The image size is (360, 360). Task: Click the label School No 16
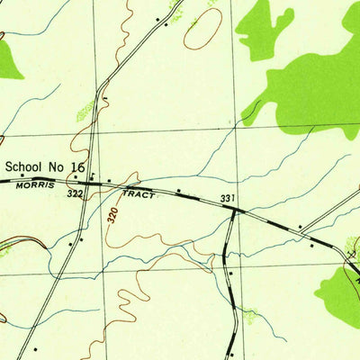(46, 166)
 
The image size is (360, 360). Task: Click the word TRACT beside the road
(139, 193)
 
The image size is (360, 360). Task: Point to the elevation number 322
(74, 193)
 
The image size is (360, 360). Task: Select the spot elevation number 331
(227, 199)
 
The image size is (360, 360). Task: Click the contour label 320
(112, 216)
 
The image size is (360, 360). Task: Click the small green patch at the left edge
(8, 58)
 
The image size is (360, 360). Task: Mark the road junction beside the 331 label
(234, 210)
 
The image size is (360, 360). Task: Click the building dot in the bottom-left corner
(34, 346)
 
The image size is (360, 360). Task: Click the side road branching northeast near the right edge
(328, 210)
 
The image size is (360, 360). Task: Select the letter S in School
(9, 166)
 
